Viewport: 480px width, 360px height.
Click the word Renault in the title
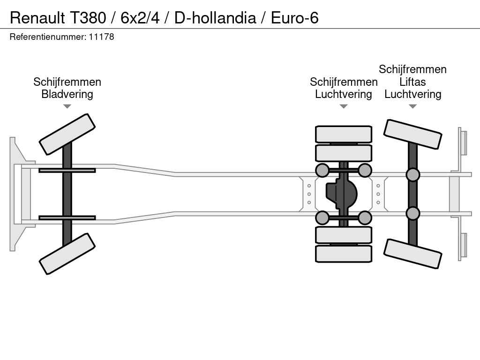click(x=38, y=18)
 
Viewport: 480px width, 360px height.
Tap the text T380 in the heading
click(x=89, y=18)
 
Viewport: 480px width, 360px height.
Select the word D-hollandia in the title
click(x=215, y=18)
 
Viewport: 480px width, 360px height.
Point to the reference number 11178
click(x=102, y=37)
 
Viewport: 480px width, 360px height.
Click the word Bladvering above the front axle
click(x=67, y=94)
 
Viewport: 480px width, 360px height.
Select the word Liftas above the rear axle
click(x=412, y=82)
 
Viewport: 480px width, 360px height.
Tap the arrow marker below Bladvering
click(x=67, y=106)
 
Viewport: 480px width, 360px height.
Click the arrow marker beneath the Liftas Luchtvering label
click(x=412, y=106)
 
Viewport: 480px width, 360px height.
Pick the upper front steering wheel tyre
click(x=67, y=134)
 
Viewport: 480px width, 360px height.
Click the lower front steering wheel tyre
click(x=67, y=254)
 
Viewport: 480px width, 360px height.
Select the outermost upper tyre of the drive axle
click(x=344, y=134)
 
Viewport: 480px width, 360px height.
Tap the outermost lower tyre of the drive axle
click(x=344, y=254)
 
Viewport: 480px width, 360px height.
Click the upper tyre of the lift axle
click(x=412, y=134)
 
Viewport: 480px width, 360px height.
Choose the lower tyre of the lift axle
click(x=412, y=254)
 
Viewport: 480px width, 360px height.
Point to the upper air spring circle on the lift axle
click(x=412, y=175)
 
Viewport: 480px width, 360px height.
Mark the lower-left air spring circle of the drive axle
click(x=322, y=217)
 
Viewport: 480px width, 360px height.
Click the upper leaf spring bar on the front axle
click(x=67, y=170)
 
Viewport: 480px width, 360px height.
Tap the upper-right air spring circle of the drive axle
click(x=365, y=170)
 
